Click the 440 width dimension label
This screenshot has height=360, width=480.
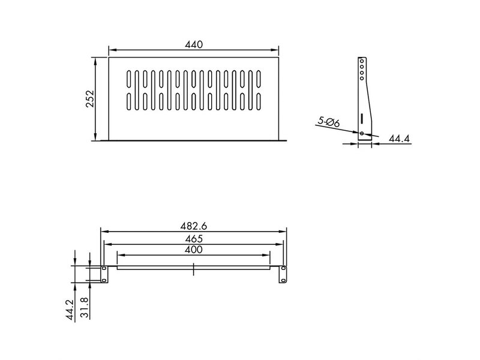[x=194, y=44]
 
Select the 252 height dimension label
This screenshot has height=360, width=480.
[x=90, y=98]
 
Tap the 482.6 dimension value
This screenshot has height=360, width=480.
[x=193, y=226]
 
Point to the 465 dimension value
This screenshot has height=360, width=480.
[x=194, y=239]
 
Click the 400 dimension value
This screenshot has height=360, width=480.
[x=194, y=250]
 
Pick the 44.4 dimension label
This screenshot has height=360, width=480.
[x=399, y=139]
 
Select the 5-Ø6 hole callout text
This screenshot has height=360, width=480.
[x=328, y=122]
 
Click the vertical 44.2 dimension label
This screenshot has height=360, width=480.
[x=70, y=310]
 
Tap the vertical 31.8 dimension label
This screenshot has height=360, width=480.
[x=85, y=308]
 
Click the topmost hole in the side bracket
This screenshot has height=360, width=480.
[x=362, y=61]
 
